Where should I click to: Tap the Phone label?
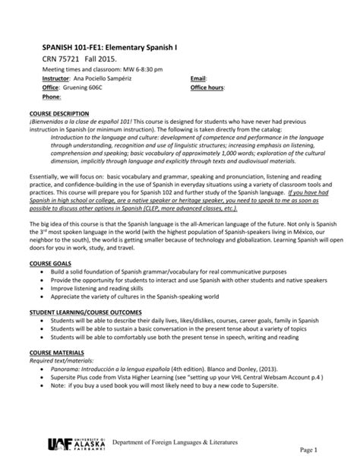pos(40,97)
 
